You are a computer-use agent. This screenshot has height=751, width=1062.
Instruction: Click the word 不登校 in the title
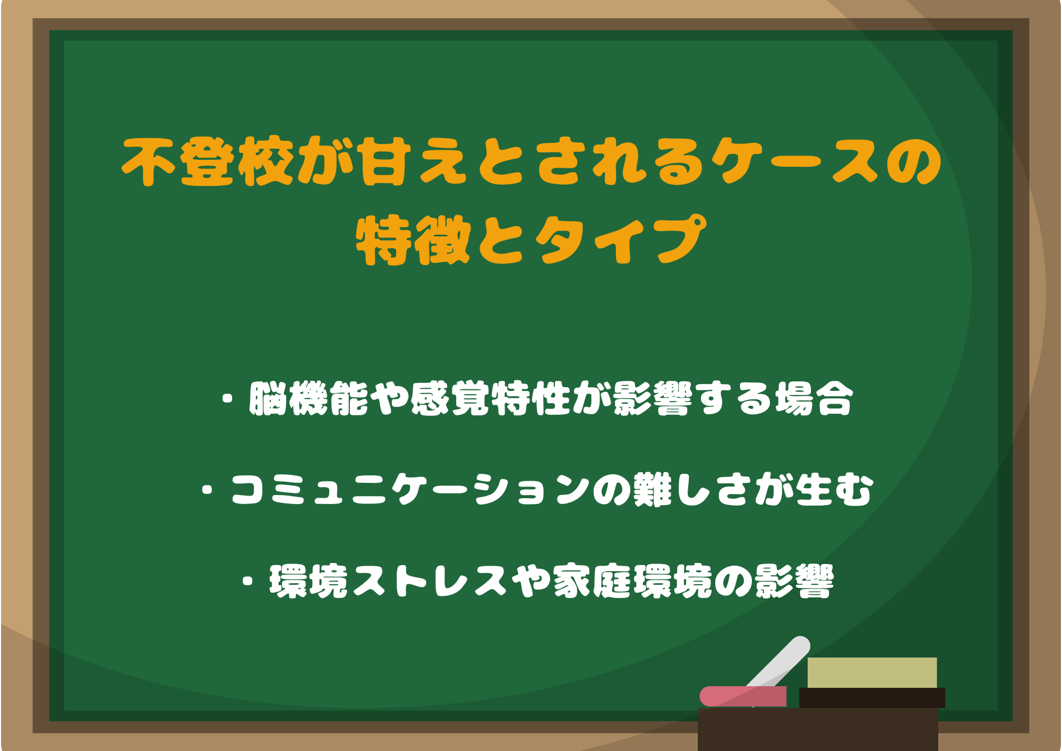[207, 161]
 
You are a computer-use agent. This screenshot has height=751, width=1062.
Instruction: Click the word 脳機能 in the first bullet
[309, 398]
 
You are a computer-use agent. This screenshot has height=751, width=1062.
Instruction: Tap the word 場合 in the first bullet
[814, 398]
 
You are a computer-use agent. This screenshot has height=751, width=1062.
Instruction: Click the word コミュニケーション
[410, 489]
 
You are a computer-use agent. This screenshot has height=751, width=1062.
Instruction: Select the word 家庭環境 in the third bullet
[632, 581]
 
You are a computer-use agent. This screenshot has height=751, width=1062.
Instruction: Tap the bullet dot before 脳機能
[228, 398]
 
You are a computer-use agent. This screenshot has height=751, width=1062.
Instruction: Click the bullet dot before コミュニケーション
[208, 489]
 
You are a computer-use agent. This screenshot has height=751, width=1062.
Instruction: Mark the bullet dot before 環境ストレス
[247, 581]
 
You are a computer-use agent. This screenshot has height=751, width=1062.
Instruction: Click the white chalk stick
[778, 666]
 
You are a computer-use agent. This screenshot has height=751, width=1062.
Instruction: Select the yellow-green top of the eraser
[872, 672]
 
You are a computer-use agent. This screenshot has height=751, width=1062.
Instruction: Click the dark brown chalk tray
[818, 729]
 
